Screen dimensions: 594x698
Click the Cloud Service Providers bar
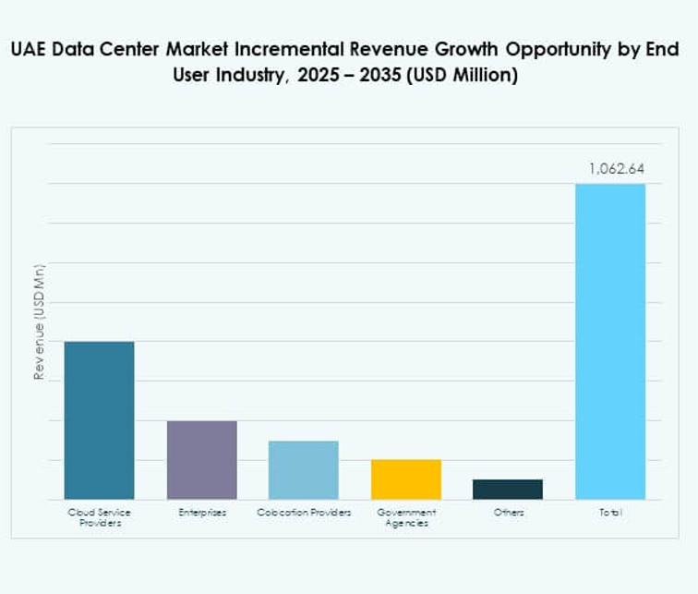[99, 420]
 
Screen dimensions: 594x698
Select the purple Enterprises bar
[201, 460]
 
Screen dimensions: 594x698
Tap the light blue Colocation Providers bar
[303, 470]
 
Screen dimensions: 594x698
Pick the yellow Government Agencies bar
[405, 479]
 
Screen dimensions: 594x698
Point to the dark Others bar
[507, 490]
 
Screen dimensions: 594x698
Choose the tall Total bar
[609, 342]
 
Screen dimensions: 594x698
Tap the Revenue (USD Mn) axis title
[39, 321]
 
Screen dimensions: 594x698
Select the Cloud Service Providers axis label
[99, 517]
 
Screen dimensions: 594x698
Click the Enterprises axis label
[202, 512]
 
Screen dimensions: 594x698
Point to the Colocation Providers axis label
[304, 512]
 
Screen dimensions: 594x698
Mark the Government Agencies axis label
[406, 517]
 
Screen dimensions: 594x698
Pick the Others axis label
[508, 512]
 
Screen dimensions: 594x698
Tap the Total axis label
[609, 512]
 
